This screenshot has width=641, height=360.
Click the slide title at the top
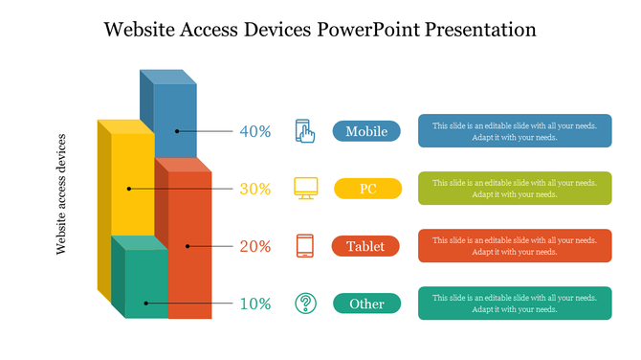(x=320, y=29)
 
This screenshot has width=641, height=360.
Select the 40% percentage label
(x=255, y=131)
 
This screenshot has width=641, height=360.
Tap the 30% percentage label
(x=255, y=189)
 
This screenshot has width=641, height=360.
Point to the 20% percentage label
(x=255, y=246)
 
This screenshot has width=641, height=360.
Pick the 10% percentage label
(x=255, y=304)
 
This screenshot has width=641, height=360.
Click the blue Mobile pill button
(x=366, y=131)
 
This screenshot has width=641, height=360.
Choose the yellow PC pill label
(x=367, y=189)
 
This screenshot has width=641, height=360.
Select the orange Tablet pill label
(x=365, y=246)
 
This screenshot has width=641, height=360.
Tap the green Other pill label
(x=366, y=304)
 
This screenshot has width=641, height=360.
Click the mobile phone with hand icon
(x=305, y=131)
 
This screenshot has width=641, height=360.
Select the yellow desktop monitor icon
(x=305, y=188)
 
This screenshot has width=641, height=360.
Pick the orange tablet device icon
(x=305, y=246)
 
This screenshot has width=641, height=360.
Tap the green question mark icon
(x=305, y=304)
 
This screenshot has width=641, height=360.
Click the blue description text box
(x=514, y=131)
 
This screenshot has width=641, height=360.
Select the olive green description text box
(x=514, y=189)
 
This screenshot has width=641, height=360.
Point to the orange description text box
(x=514, y=246)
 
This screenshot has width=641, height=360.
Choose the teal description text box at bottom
(x=514, y=304)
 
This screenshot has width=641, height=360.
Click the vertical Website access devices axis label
(x=62, y=193)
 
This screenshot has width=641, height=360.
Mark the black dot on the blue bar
(x=176, y=131)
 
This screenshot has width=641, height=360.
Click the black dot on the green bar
(x=145, y=304)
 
